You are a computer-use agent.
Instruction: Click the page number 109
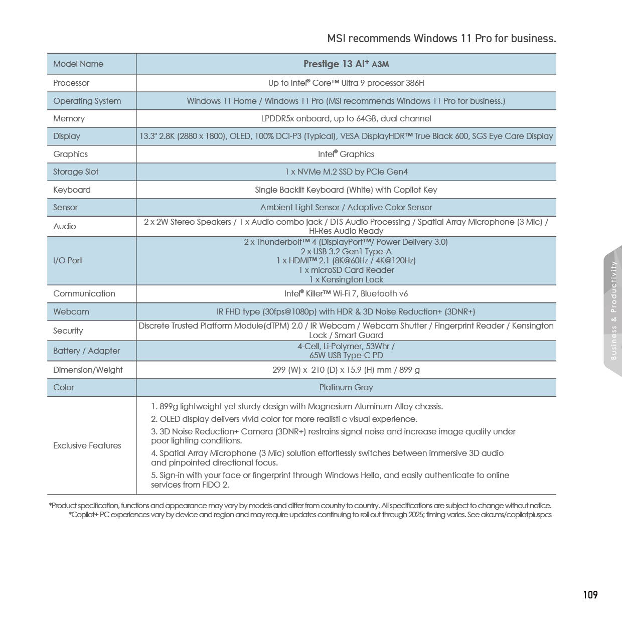[590, 594]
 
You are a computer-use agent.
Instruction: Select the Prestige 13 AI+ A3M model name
[346, 64]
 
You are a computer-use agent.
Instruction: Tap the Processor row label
[71, 83]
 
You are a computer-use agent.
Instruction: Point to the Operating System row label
[87, 101]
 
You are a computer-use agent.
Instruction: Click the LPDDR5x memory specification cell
[346, 118]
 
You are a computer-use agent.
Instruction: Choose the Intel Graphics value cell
[346, 154]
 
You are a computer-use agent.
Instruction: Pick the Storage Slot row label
[76, 172]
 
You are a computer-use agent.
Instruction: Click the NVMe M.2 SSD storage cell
[346, 172]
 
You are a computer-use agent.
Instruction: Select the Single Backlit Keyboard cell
[346, 190]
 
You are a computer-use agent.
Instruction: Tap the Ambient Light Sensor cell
[346, 207]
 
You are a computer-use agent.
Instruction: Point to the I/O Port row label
[68, 260]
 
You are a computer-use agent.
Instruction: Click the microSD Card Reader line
[346, 270]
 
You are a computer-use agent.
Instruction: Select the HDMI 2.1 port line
[346, 260]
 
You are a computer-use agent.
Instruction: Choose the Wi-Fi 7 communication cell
[346, 293]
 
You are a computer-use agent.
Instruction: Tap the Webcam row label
[71, 312]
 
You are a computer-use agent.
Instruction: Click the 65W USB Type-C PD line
[346, 355]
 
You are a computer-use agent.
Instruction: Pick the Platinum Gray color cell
[346, 387]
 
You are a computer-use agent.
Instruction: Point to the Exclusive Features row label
[87, 445]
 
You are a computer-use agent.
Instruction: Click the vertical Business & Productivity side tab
[613, 311]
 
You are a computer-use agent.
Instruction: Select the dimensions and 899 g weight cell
[346, 370]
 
